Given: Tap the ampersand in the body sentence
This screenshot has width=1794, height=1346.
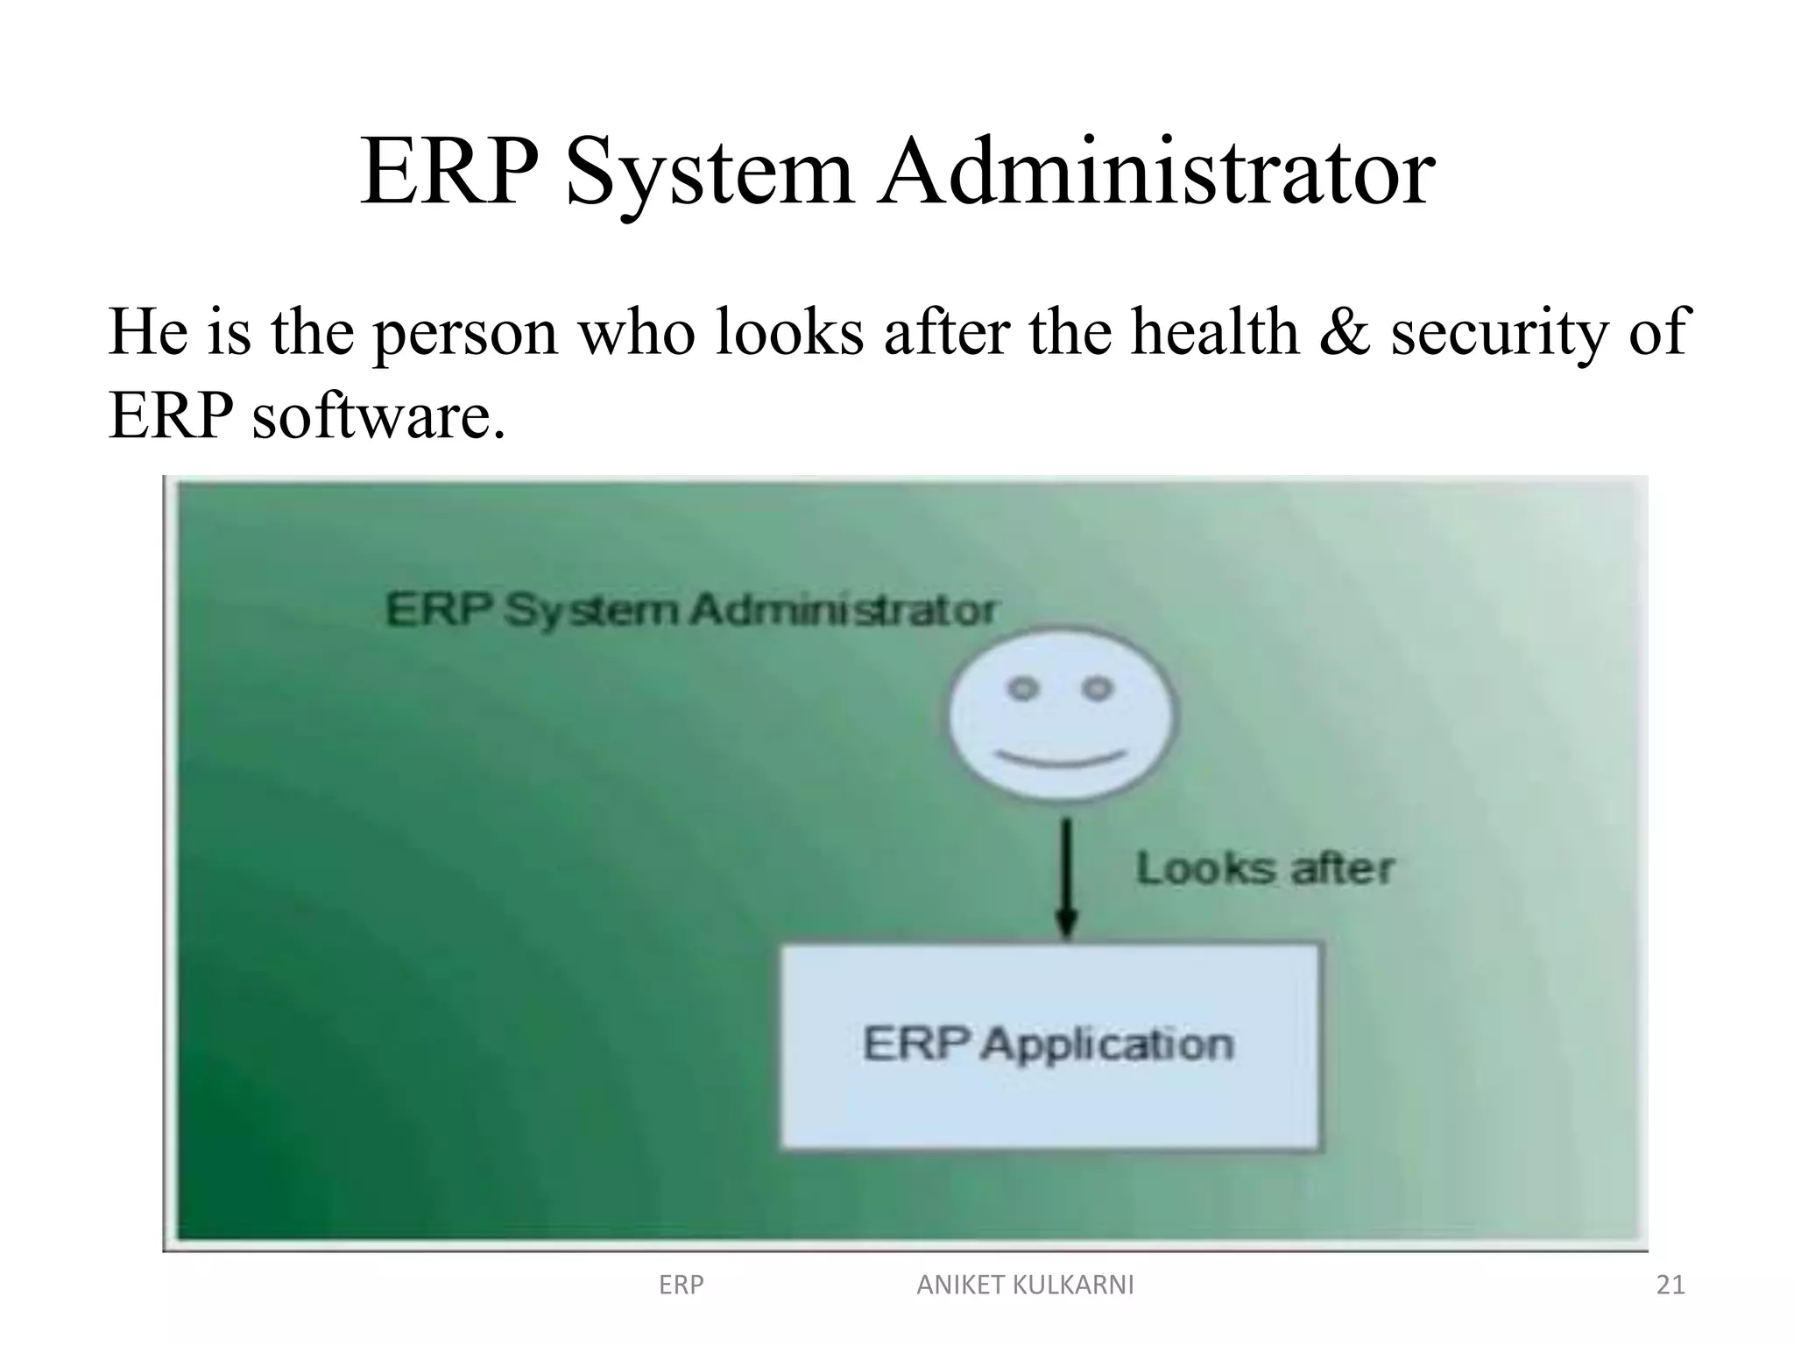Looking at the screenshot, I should (x=1344, y=332).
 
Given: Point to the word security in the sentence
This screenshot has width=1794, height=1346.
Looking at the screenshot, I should (x=1499, y=334).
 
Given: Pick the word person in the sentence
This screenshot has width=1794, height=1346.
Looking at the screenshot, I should (x=465, y=334).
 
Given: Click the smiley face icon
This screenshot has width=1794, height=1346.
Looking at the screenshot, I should (x=1063, y=714).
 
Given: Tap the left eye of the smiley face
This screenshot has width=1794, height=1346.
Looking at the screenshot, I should (x=1022, y=689).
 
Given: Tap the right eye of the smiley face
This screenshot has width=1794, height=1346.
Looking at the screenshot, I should (x=1097, y=689).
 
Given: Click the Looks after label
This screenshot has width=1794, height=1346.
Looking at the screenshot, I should (x=1264, y=869).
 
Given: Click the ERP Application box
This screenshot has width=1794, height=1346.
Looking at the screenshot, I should (x=1049, y=1045).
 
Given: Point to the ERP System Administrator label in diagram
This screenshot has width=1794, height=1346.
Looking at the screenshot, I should (x=690, y=610).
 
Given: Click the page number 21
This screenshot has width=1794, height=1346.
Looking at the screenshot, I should (x=1670, y=1285).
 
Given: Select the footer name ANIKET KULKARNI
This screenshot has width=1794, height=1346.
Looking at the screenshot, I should (x=1025, y=1285).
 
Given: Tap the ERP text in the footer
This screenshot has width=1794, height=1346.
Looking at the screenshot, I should (x=681, y=1285).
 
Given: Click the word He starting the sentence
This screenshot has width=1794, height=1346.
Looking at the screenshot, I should (x=147, y=332).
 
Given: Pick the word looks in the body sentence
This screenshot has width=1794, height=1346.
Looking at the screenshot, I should (x=789, y=332).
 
